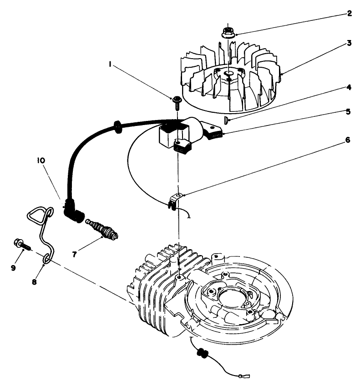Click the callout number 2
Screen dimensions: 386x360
(349, 13)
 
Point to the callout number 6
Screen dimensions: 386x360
(348, 140)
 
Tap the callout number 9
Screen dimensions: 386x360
(14, 268)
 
